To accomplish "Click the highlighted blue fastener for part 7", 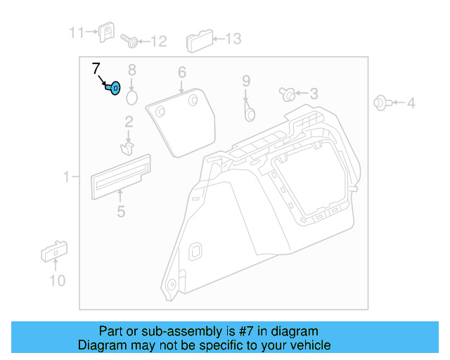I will point(114,89).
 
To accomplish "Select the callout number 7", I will point(96,69).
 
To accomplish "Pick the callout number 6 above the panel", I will point(181,72).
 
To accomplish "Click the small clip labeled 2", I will point(128,147).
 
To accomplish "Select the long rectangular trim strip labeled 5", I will point(121,173).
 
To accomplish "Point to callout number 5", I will point(121,211).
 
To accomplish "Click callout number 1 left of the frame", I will point(67,177).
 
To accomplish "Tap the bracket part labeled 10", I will point(53,251).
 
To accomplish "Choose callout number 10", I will point(57,281).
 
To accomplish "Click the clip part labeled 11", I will point(108,32).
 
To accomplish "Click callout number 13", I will point(232,39).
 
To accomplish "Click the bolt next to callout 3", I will point(287,94).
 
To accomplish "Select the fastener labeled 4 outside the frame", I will point(380,103).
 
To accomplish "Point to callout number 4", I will point(411,103).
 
